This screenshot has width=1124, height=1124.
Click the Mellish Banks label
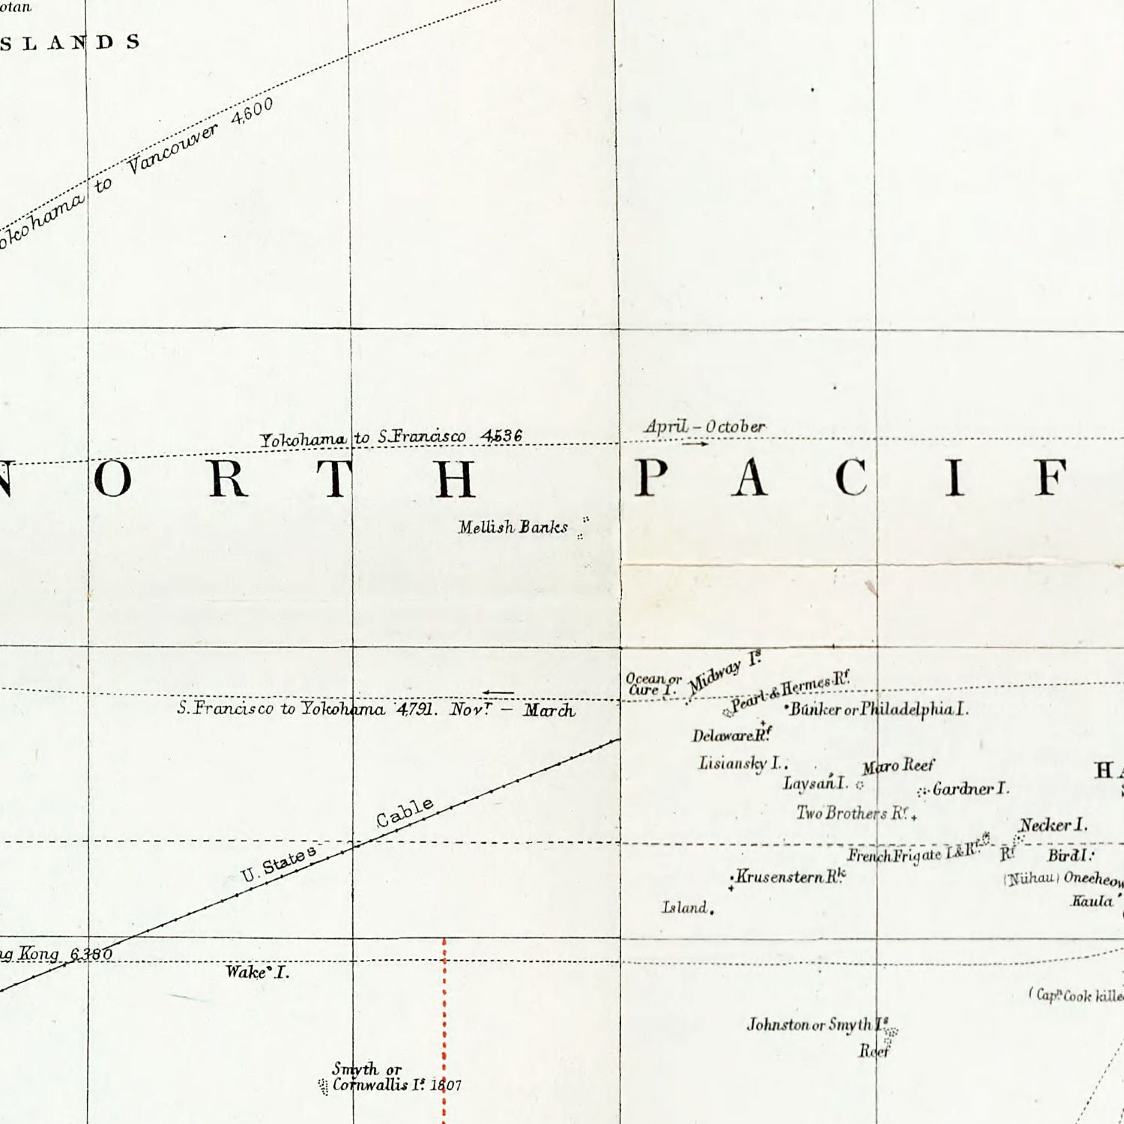click(513, 528)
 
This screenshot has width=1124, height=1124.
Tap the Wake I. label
click(257, 973)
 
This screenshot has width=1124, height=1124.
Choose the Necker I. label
click(1054, 825)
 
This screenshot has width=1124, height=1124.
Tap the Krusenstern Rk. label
click(791, 876)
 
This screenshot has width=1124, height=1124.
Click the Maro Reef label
click(898, 766)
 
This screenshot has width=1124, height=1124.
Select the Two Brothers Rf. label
click(853, 813)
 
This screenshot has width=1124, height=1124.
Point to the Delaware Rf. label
click(731, 735)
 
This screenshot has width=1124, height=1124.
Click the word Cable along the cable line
click(405, 813)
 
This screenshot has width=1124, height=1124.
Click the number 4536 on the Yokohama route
click(502, 435)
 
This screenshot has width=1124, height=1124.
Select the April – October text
click(705, 426)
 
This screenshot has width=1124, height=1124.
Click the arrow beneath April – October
click(695, 444)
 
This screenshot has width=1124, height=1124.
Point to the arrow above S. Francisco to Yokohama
click(498, 692)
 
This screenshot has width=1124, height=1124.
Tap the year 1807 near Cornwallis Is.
click(446, 1085)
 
